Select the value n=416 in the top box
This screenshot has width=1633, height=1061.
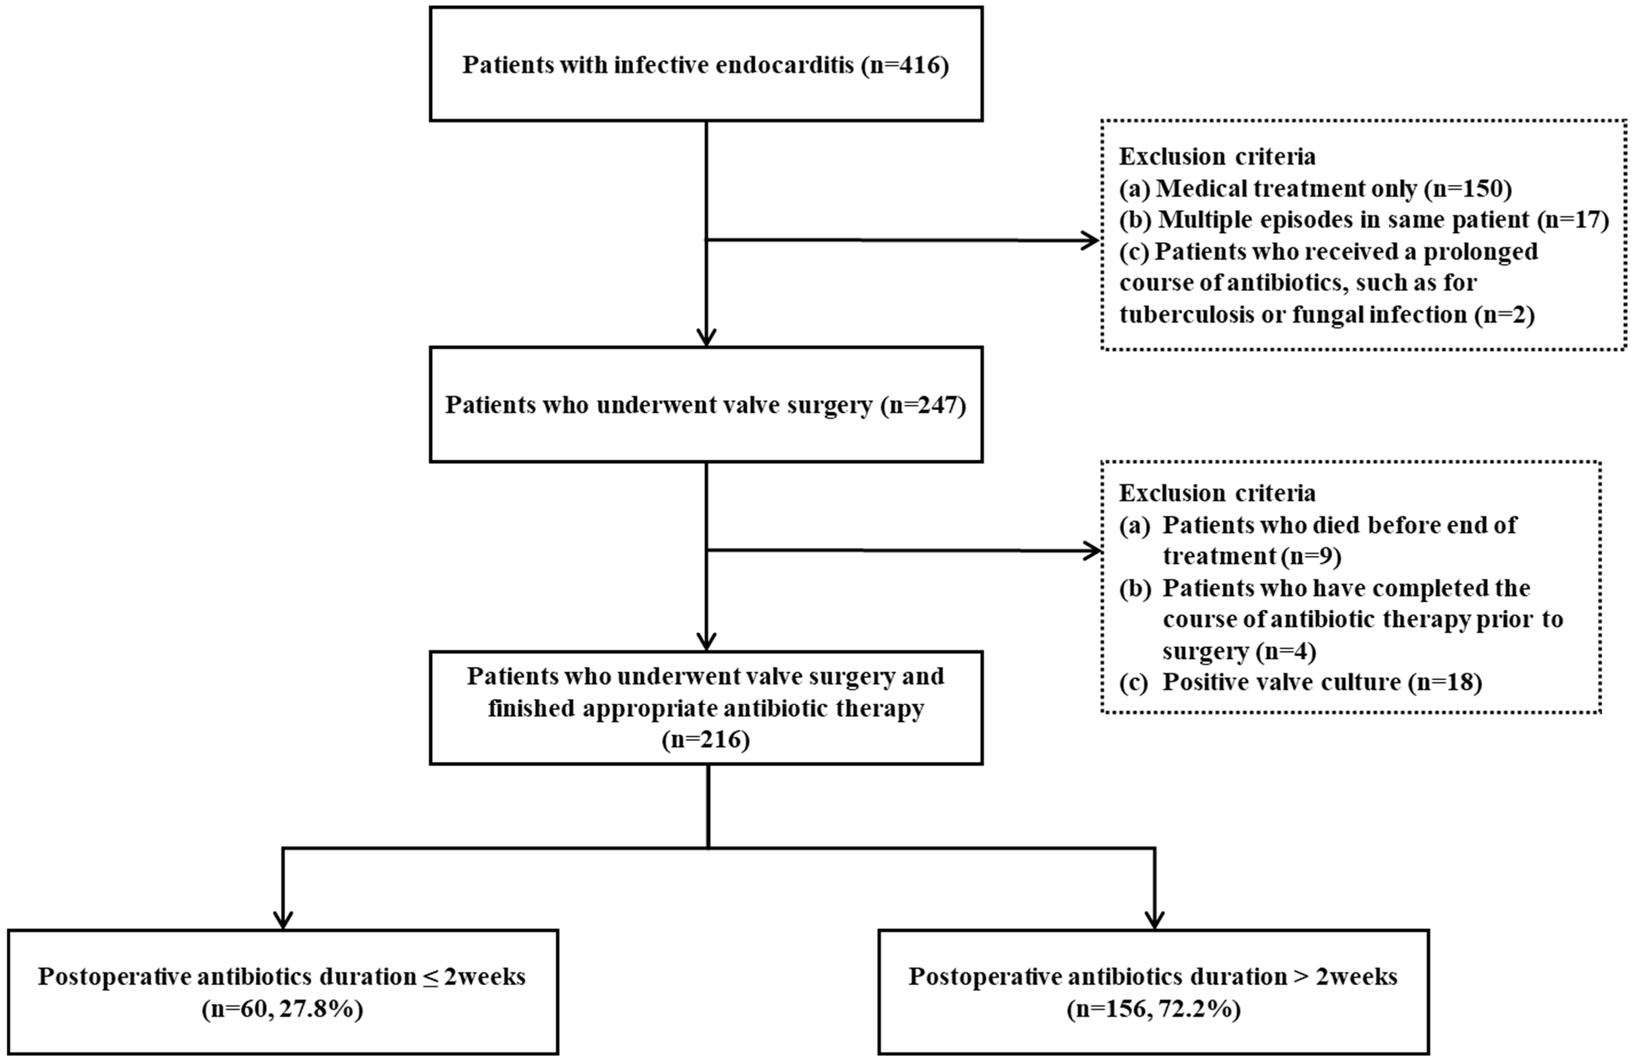(905, 65)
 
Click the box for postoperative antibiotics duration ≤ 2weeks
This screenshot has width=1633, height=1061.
(283, 992)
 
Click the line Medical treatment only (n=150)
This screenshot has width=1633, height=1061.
(1315, 189)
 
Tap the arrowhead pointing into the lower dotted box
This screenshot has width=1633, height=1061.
(1092, 550)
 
